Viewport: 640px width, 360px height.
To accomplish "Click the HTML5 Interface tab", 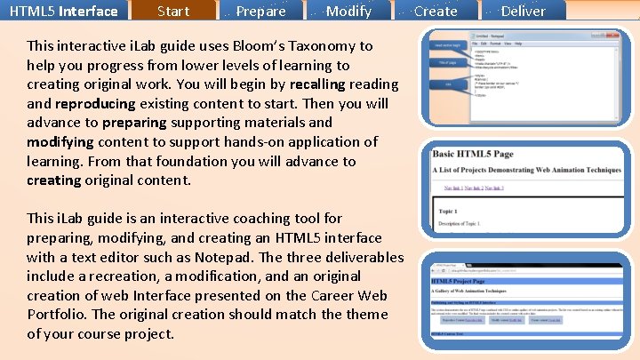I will point(64,11).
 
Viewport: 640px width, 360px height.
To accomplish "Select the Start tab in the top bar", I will point(172,11).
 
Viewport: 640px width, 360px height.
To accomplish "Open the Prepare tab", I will point(261,11).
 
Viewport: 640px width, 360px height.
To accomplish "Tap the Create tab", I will point(436,11).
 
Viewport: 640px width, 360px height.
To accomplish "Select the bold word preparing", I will point(140,123).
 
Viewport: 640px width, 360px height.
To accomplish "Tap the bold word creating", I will point(53,180).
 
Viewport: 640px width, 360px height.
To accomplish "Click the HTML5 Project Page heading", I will point(471,279).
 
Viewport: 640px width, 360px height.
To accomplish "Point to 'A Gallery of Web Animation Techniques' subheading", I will point(490,291).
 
